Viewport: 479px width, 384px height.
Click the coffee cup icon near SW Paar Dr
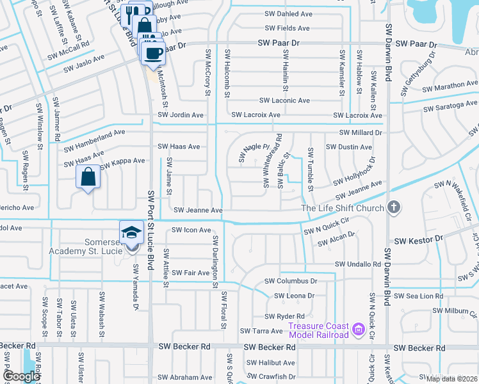click(x=153, y=53)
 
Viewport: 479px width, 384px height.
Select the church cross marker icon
click(x=394, y=208)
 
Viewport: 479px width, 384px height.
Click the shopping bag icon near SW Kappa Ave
click(x=88, y=177)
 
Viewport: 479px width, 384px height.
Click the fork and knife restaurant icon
click(x=131, y=13)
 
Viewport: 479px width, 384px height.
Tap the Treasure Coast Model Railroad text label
click(x=318, y=330)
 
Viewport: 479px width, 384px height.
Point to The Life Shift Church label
click(x=343, y=208)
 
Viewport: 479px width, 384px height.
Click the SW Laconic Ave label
click(x=284, y=100)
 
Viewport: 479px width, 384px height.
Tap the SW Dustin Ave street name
click(x=348, y=147)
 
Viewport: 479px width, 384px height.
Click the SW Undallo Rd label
click(x=358, y=264)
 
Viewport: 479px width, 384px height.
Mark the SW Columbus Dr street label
click(x=291, y=281)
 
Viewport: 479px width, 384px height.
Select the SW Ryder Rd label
click(x=285, y=316)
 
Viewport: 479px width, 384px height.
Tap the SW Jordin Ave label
click(x=181, y=115)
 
